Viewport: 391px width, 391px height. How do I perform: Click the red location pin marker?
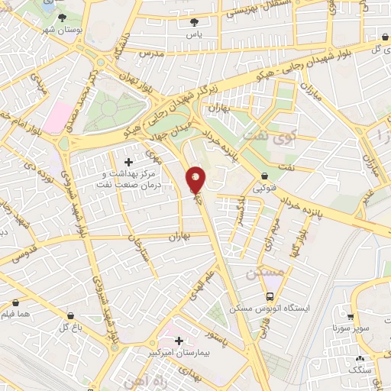coord(196,180)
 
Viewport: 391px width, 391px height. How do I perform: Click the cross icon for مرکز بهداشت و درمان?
coord(128,162)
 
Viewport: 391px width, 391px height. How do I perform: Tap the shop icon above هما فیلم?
coord(15,303)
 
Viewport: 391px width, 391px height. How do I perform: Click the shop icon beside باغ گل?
coord(71,315)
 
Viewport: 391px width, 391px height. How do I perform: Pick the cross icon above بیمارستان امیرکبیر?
coord(179,341)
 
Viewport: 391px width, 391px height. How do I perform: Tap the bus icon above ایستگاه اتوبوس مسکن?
coord(269,296)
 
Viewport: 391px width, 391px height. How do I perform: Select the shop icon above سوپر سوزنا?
coord(351,316)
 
